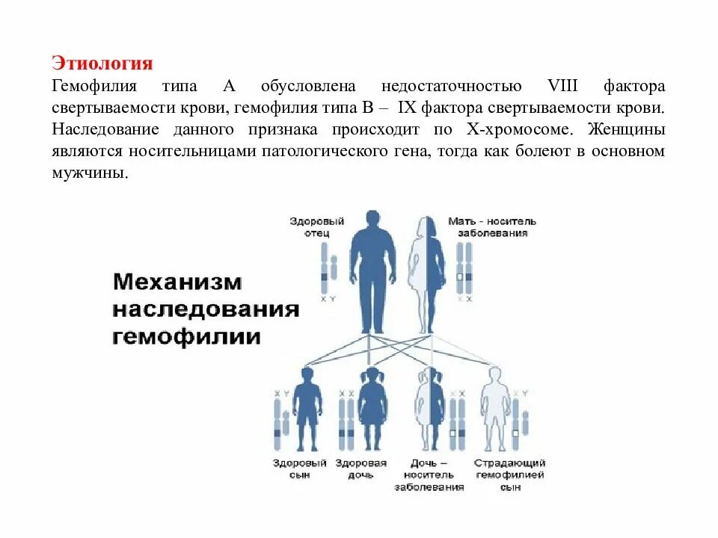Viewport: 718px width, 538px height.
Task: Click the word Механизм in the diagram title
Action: [178, 282]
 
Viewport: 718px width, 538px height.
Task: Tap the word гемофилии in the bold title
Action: [187, 336]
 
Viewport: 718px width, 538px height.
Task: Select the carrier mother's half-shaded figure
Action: [426, 273]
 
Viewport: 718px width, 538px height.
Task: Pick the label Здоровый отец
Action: [317, 226]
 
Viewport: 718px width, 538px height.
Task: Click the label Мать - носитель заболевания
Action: [491, 226]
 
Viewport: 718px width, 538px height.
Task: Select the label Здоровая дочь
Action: [361, 469]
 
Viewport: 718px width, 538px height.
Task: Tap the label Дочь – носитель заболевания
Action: [429, 474]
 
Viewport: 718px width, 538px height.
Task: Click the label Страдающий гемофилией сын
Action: [510, 474]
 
